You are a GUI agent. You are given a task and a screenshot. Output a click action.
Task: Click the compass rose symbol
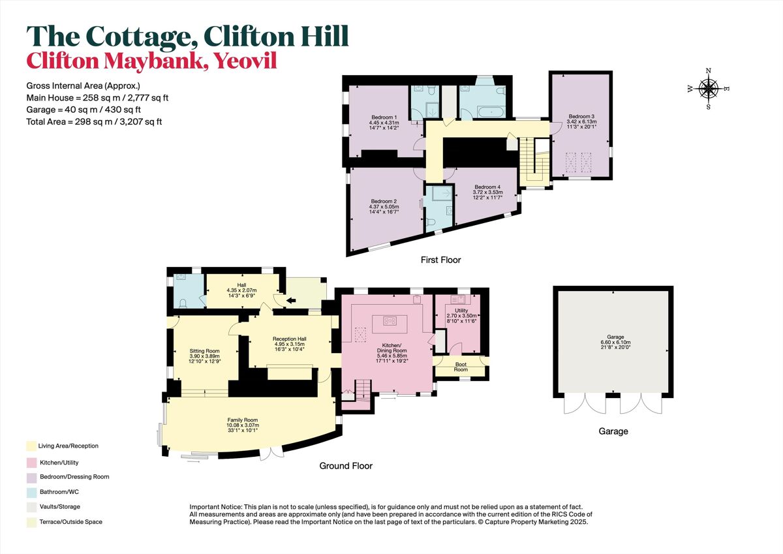pos(709,88)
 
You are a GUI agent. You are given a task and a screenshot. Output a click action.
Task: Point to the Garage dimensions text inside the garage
pos(613,341)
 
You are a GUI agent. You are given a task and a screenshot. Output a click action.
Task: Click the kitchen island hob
pos(390,320)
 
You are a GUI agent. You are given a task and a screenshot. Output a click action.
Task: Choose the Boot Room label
pos(461,367)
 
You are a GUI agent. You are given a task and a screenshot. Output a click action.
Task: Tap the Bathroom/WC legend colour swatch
pos(30,492)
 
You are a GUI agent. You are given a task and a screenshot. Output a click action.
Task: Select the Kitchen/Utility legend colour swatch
pos(30,462)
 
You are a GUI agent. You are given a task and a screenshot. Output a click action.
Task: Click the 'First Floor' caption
pos(440,260)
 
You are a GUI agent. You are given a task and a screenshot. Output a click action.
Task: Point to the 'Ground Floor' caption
pos(345,466)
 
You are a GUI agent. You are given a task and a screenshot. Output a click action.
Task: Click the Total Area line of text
pos(94,121)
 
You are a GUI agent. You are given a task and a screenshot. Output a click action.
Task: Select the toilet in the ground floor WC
pos(182,302)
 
